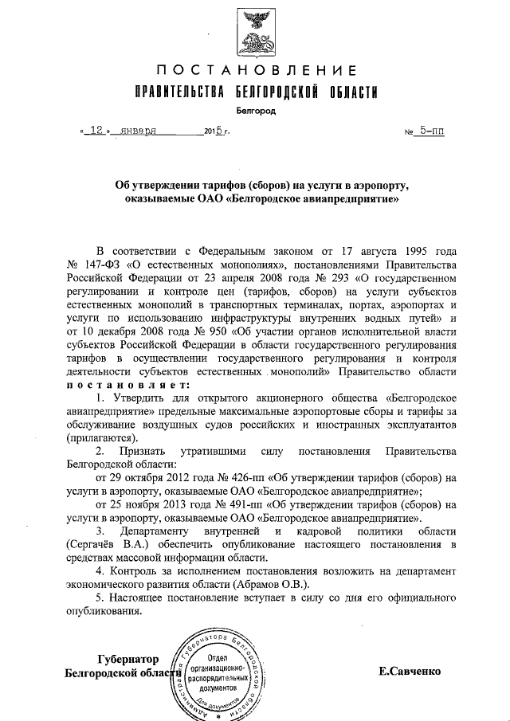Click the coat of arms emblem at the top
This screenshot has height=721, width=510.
[x=254, y=29]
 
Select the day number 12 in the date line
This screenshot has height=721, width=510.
[x=96, y=130]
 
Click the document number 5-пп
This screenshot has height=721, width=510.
[x=430, y=130]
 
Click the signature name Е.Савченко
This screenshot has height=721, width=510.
[x=410, y=671]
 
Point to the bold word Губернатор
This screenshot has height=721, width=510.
[x=128, y=659]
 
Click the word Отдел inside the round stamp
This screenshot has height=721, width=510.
[x=219, y=655]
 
